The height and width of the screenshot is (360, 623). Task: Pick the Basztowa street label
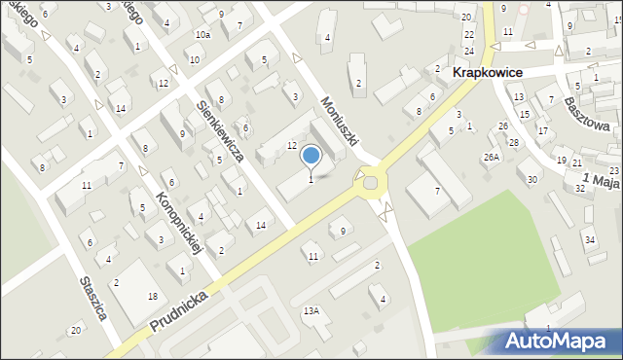pyautogui.click(x=590, y=114)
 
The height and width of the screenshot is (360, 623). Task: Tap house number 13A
pyautogui.click(x=311, y=310)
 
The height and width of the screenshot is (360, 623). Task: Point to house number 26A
pyautogui.click(x=491, y=157)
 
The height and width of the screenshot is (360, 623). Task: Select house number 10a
pyautogui.click(x=202, y=35)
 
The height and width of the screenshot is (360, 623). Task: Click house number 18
pyautogui.click(x=153, y=295)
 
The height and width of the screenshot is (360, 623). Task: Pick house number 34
pyautogui.click(x=589, y=239)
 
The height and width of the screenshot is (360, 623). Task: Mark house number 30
pyautogui.click(x=531, y=179)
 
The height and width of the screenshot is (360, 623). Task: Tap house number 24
pyautogui.click(x=469, y=51)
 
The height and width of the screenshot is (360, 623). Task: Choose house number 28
pyautogui.click(x=513, y=143)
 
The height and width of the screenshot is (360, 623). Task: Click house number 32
pyautogui.click(x=580, y=189)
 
